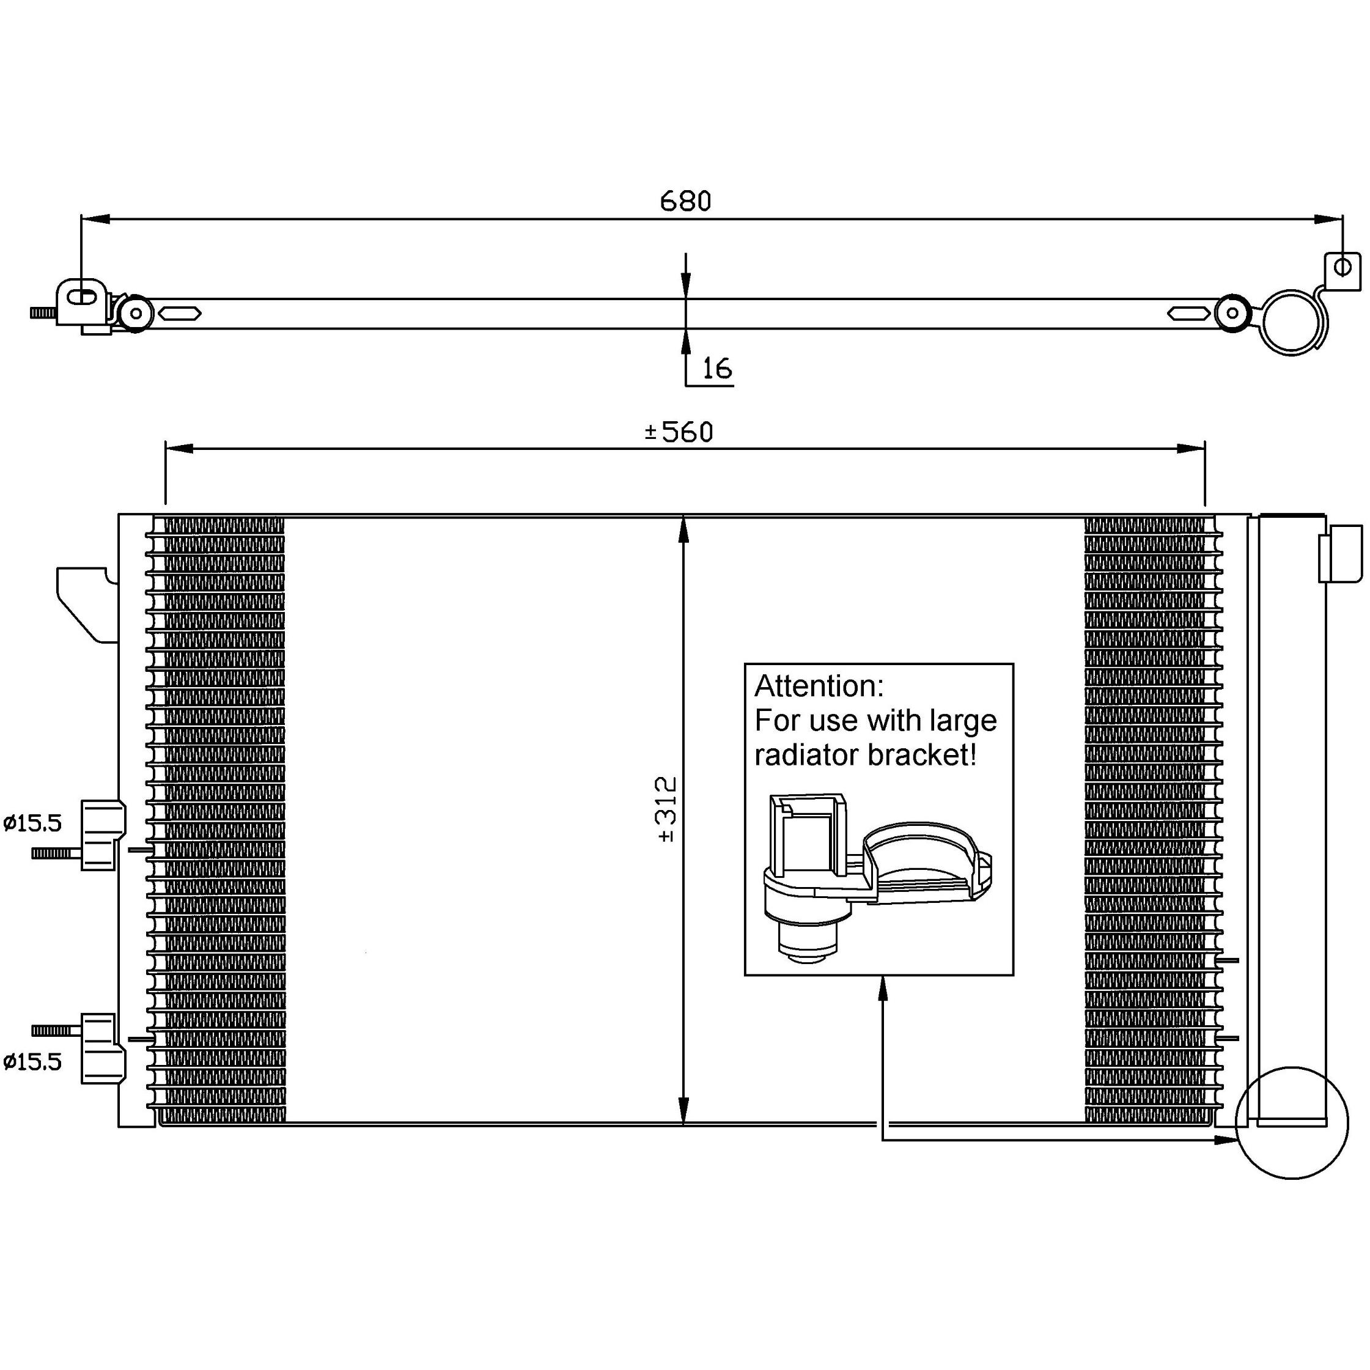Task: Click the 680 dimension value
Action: [x=685, y=201]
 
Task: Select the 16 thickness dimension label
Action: [x=716, y=368]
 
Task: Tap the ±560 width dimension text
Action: [x=679, y=432]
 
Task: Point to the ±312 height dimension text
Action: [x=668, y=809]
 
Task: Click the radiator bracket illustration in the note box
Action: [x=876, y=876]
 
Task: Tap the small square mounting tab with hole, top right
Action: [x=1342, y=270]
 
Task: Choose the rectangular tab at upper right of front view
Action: [x=1339, y=553]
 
